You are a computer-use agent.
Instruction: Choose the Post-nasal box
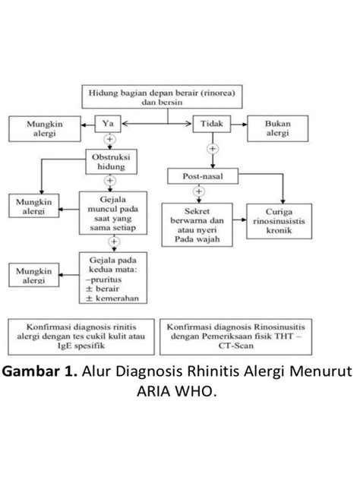[x=202, y=176]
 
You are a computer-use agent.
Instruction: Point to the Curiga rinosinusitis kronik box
[x=275, y=216]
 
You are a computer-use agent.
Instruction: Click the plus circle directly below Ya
[x=110, y=140]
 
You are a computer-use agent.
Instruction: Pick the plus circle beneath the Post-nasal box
[x=198, y=191]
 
